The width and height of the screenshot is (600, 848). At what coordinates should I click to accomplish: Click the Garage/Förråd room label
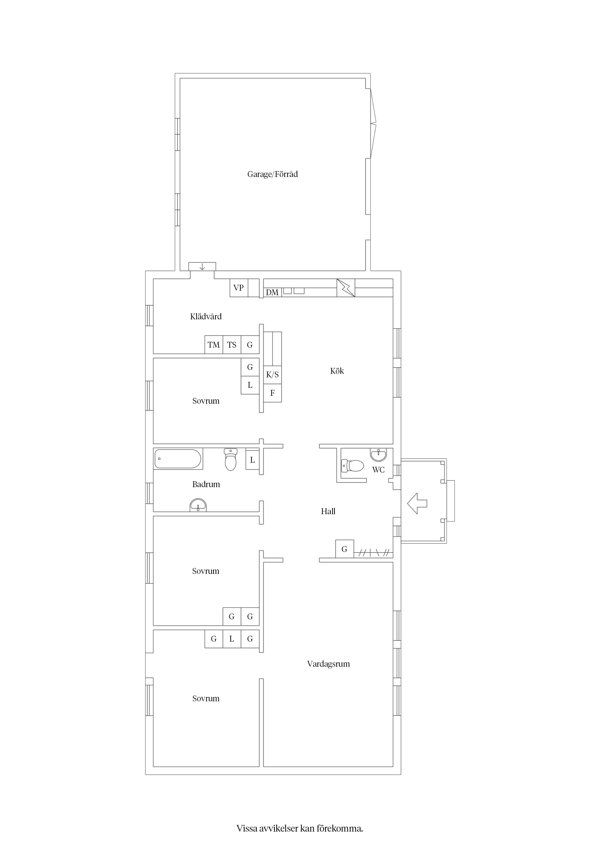pos(272,174)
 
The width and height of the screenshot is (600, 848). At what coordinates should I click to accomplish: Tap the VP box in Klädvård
pos(239,288)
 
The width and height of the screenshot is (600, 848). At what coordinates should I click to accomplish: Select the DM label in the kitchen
pos(272,292)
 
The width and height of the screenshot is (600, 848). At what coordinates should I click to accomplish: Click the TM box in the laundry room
pos(214,345)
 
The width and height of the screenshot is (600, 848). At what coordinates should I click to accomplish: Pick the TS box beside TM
pos(232,345)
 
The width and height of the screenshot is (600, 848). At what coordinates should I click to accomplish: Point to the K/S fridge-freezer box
pos(272,374)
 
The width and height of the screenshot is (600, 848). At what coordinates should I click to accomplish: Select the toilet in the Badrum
pos(231,460)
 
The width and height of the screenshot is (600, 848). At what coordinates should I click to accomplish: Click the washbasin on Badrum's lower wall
pos(198,505)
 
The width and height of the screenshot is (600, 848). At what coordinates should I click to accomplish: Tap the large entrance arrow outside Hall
pos(417,503)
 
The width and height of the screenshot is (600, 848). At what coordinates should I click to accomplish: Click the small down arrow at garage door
pos(202,267)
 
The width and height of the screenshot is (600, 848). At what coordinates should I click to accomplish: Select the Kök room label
pos(337,371)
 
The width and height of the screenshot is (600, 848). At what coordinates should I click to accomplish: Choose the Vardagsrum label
pos(328,664)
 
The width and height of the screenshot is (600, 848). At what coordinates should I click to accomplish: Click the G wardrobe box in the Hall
pos(345,549)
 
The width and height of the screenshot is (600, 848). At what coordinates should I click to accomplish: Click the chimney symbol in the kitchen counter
pos(346,288)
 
